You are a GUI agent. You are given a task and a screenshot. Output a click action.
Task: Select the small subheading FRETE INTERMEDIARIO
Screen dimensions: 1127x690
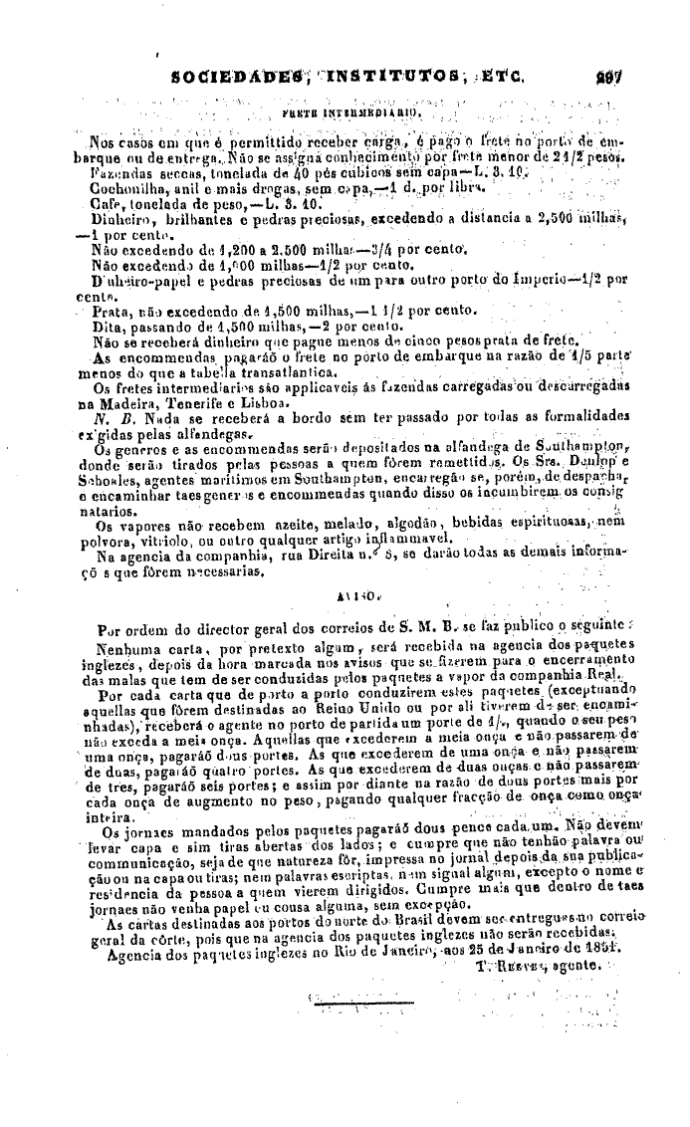point(341,114)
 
